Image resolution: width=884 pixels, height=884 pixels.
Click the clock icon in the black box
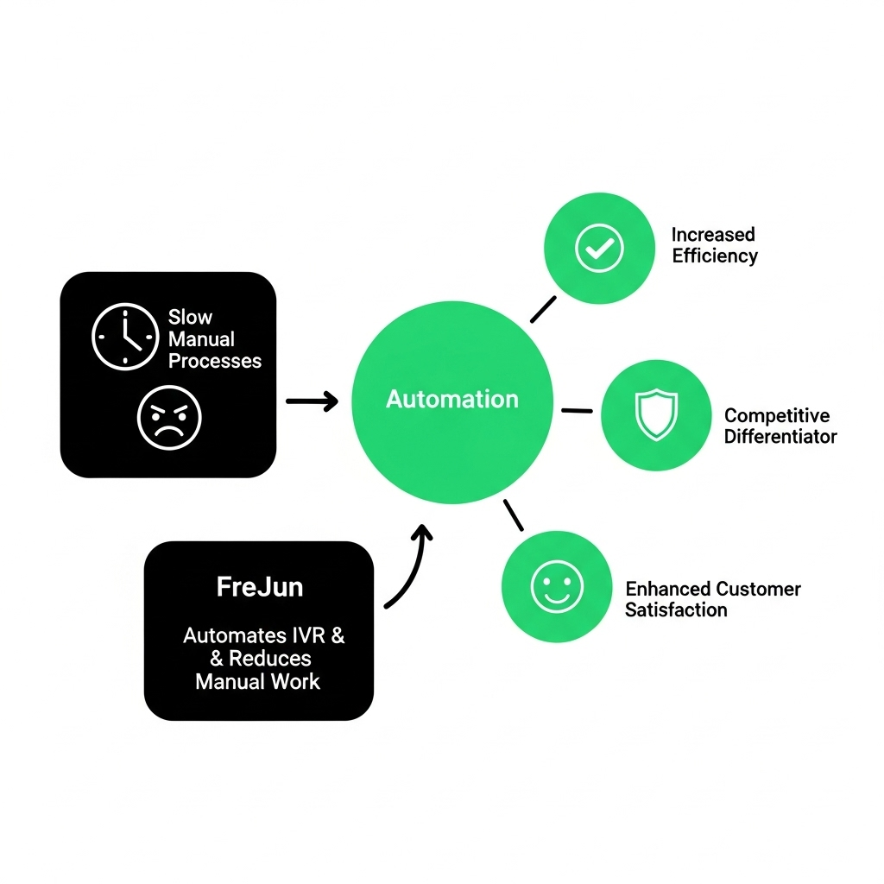point(125,338)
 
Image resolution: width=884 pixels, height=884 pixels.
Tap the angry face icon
point(169,417)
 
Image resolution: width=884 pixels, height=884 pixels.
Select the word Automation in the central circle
point(452,399)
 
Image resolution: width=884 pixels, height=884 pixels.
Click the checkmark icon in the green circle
point(599,249)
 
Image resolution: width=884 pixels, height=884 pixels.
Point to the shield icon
point(656,415)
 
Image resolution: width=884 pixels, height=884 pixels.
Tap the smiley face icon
point(557,587)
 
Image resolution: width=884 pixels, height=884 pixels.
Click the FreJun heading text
point(259,588)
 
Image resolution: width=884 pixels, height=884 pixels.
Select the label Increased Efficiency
point(714,245)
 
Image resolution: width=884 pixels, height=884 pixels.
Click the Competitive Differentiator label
point(780,426)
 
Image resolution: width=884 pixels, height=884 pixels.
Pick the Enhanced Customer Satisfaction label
point(712,599)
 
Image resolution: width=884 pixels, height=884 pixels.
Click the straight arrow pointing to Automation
point(312,401)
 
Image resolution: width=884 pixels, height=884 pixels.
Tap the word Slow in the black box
point(190,317)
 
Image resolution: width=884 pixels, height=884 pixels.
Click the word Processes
point(215,361)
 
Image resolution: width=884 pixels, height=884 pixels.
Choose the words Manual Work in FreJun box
point(257,681)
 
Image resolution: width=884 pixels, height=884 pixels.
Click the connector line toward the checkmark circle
point(543,309)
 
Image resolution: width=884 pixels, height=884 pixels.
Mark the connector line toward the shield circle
point(577,410)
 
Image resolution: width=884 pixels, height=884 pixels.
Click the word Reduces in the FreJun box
point(269,659)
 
